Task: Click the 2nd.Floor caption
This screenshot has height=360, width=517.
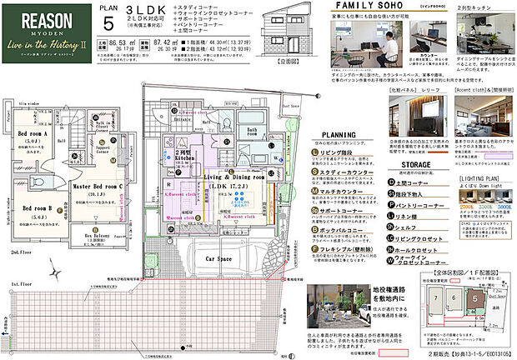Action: point(22,248)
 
